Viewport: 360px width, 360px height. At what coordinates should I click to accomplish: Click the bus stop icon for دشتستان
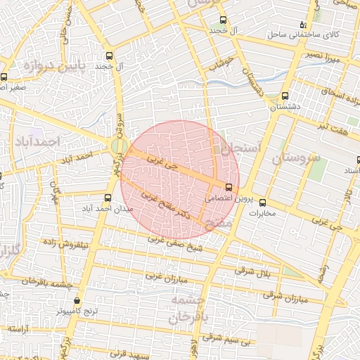pyautogui.click(x=285, y=96)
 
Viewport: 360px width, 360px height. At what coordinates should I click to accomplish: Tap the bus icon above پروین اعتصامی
pyautogui.click(x=229, y=187)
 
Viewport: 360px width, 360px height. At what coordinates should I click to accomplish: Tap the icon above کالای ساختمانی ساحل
pyautogui.click(x=303, y=23)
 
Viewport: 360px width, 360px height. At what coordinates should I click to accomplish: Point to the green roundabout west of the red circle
pyautogui.click(x=118, y=147)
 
